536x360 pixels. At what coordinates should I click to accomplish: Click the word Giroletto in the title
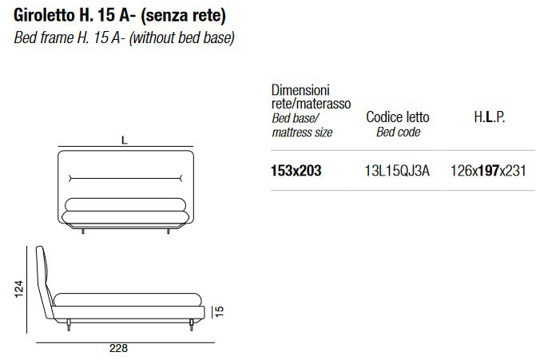[44, 16]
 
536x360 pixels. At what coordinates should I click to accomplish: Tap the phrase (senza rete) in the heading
[183, 16]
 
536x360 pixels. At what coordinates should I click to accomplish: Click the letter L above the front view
[125, 140]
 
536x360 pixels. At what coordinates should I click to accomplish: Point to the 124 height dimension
[19, 289]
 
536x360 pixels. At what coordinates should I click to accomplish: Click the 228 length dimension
[118, 348]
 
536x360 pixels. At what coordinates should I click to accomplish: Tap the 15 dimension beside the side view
[219, 311]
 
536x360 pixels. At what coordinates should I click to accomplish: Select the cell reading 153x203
[296, 171]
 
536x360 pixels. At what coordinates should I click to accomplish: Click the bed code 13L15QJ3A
[397, 171]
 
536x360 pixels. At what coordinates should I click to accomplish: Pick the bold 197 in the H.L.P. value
[489, 171]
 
